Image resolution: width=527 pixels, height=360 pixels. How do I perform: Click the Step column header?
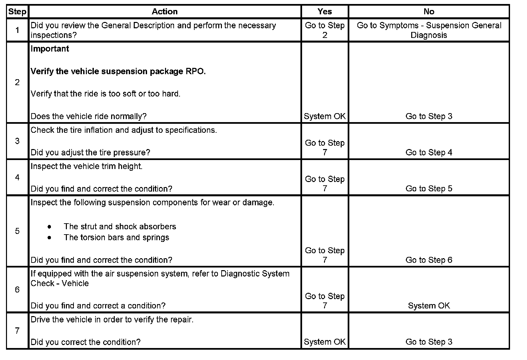pos(17,12)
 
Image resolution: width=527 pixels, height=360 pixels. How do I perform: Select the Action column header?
pos(164,12)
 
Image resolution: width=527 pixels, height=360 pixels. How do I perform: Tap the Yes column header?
pos(324,12)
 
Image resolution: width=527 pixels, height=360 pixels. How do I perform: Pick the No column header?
pos(429,12)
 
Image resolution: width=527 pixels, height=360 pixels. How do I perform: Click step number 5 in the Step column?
pos(17,231)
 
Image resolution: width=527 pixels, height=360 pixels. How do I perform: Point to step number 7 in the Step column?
pos(17,330)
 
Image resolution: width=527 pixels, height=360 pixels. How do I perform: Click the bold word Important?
pos(50,49)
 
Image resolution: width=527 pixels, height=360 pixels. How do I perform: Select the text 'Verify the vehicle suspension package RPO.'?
pos(118,72)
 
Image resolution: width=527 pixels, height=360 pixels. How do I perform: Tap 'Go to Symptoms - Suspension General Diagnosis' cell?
pos(429,30)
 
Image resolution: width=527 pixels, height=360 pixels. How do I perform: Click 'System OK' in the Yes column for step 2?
pos(324,116)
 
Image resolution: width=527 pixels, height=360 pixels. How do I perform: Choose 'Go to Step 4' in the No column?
pos(429,152)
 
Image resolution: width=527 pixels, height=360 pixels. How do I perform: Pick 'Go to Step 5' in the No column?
pos(429,189)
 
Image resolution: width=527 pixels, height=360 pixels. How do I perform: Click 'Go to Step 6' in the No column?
pos(429,260)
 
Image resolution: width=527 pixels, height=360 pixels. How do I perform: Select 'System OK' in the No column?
pos(429,306)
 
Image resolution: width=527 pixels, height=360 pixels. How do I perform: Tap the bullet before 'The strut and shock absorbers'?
pos(50,227)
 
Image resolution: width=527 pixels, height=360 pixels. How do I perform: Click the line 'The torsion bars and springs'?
pos(116,238)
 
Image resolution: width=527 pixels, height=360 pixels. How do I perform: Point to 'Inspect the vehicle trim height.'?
pos(87,166)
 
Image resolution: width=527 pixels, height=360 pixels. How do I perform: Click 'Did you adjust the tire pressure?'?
pos(90,152)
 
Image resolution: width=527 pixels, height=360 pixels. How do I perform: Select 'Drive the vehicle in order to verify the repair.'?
pos(112,320)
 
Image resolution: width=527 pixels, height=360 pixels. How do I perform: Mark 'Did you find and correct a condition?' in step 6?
pos(98,306)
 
